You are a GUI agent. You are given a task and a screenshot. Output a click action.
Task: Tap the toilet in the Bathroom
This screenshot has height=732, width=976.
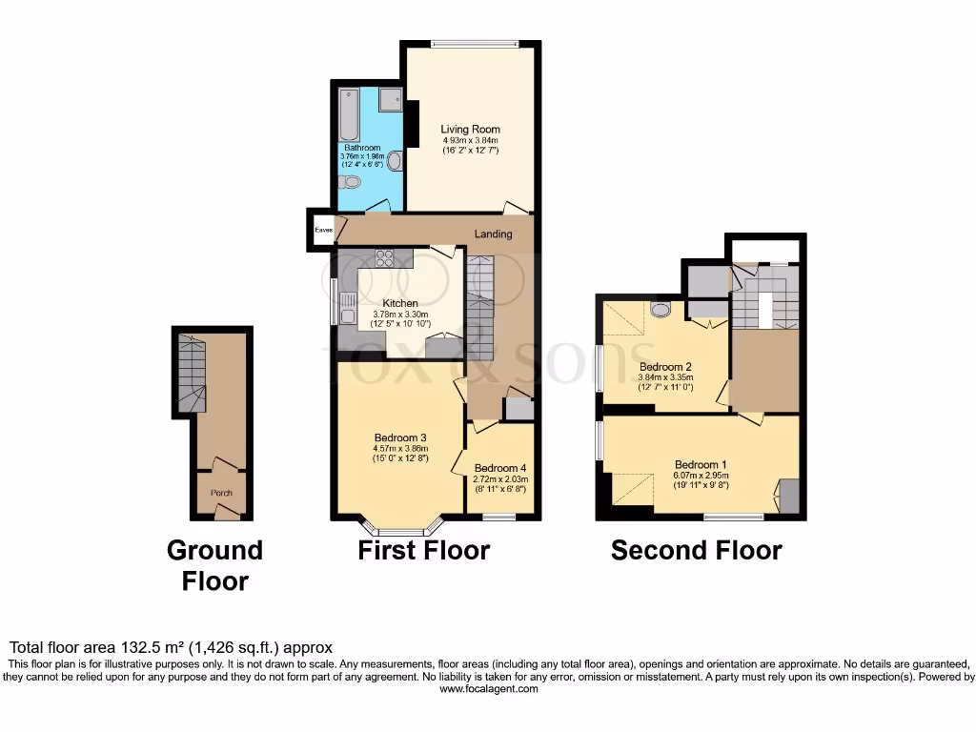coord(351,181)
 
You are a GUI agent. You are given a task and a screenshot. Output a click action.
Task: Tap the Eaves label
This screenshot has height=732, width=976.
coord(317,230)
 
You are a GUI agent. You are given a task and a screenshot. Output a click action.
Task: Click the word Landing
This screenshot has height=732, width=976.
coord(494,234)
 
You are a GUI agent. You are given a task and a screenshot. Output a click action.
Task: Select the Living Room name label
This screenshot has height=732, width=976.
coord(470,130)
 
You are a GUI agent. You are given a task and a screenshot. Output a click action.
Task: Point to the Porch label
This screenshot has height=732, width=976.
coord(221,493)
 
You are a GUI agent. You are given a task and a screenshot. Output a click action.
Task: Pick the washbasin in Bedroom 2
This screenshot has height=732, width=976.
coord(660,308)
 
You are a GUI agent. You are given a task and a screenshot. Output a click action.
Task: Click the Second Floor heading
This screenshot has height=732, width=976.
coord(696,551)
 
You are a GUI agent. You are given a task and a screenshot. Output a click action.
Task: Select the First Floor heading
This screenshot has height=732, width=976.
coord(424,551)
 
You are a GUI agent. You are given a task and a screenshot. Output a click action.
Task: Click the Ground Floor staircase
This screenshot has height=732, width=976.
coord(191,375)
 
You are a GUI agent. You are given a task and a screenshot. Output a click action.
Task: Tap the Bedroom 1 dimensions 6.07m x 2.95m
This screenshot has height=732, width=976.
coord(701,475)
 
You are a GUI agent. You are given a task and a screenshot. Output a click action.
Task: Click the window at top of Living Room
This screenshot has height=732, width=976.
coord(474,43)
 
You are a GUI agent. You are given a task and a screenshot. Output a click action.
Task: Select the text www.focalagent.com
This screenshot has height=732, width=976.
coord(487,689)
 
